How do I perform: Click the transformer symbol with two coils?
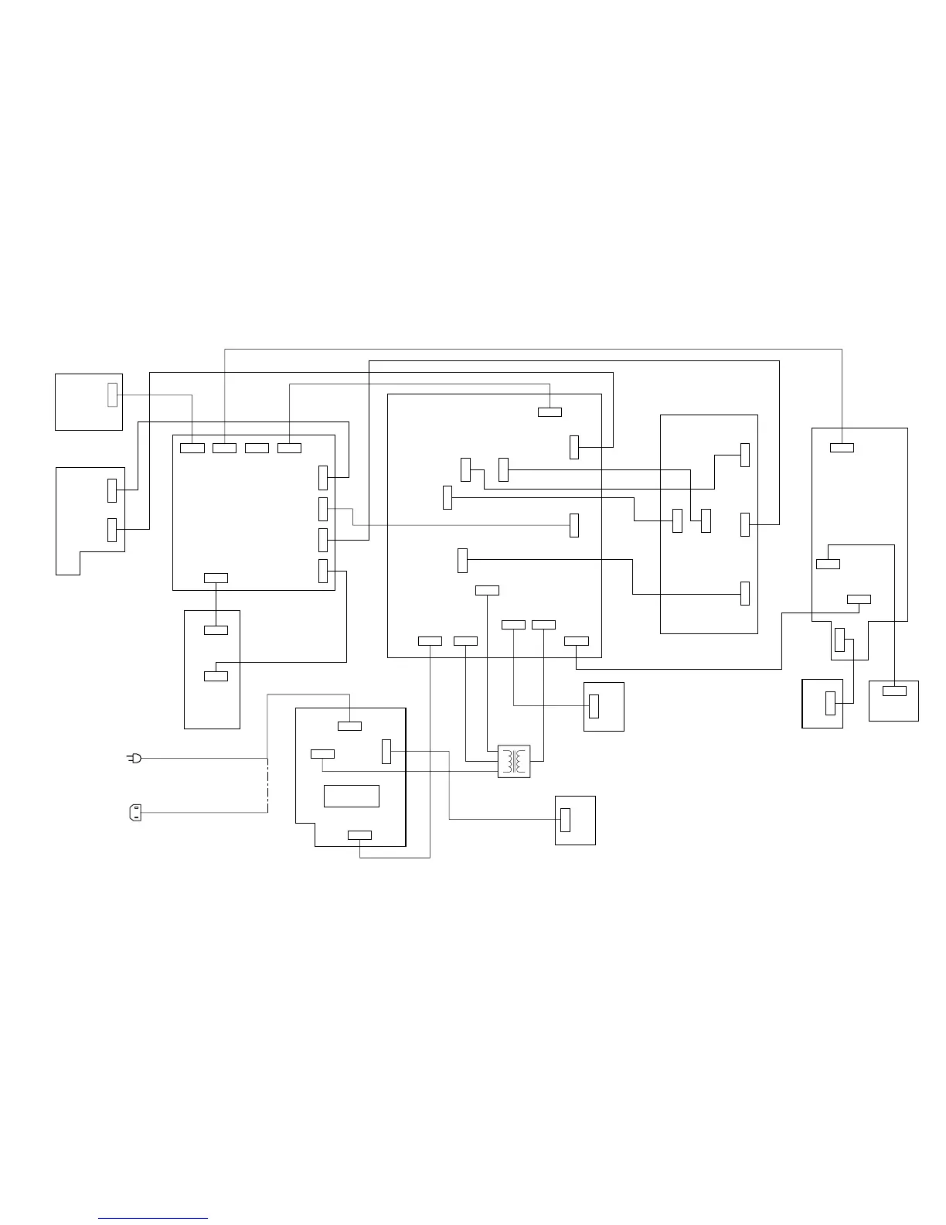point(514,762)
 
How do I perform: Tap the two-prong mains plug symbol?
point(134,759)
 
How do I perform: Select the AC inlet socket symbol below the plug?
point(134,813)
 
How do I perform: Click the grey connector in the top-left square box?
point(112,394)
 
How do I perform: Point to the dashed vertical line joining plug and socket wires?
point(267,785)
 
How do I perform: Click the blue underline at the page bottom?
point(153,1219)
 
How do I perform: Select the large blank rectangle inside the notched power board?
point(352,796)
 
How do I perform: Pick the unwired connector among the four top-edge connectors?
point(257,448)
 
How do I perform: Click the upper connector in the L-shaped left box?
point(112,490)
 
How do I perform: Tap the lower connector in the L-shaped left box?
point(112,530)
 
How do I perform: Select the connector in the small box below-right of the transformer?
point(565,819)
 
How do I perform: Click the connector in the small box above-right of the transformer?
point(594,706)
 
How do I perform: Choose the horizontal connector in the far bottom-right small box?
point(894,691)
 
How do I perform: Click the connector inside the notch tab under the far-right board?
point(840,640)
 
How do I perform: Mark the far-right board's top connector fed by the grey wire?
point(842,447)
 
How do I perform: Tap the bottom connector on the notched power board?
point(359,834)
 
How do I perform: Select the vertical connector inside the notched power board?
point(386,751)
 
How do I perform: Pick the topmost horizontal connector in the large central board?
point(550,411)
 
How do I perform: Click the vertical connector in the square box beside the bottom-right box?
point(830,704)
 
